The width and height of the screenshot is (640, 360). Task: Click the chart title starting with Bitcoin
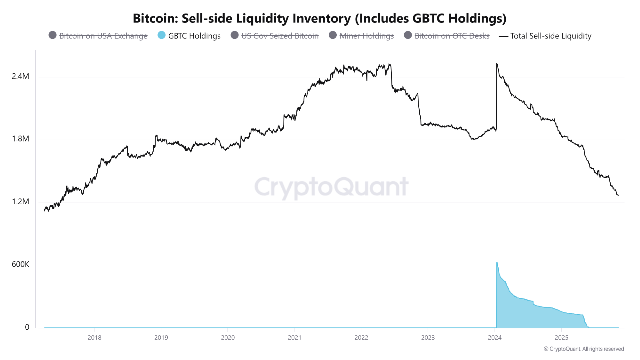point(320,18)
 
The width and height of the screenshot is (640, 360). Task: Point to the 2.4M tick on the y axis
point(20,77)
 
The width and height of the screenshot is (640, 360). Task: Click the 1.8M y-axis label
point(20,139)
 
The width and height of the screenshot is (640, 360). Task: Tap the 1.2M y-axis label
point(20,202)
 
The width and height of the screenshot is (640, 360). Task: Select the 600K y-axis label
point(20,264)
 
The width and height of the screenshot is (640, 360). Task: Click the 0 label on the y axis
point(27,327)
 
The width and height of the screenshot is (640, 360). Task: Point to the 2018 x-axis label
point(94,337)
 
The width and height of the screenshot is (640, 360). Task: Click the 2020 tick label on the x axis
point(227,337)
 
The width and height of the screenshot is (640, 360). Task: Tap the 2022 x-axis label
point(361,337)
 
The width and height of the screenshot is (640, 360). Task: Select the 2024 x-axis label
point(494,337)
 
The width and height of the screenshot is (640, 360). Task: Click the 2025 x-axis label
point(561,337)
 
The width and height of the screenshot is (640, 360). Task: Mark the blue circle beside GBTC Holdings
point(161,36)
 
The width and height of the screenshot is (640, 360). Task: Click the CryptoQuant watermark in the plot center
point(331,187)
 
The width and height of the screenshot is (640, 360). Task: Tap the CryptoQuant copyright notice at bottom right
point(583,349)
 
